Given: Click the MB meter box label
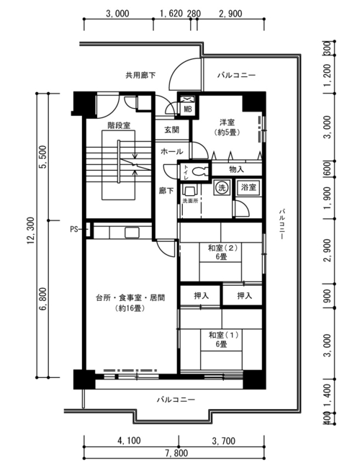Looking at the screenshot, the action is [187, 109].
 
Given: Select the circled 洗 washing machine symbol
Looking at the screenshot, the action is [222, 188].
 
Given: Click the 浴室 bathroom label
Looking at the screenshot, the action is [248, 187].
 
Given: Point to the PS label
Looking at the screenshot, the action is [73, 229].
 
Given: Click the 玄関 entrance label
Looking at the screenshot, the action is [171, 130].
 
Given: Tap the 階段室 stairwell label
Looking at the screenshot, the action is [119, 125].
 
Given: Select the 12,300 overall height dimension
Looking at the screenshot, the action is [31, 235].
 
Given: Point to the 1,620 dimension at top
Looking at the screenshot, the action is [171, 14].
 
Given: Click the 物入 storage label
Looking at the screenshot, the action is [236, 169].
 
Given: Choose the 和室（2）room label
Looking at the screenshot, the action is [222, 248].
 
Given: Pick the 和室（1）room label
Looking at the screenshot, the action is [224, 336].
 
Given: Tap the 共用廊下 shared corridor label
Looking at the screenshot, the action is [140, 75].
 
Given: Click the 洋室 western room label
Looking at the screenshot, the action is [228, 122].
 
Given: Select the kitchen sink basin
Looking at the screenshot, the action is [132, 233].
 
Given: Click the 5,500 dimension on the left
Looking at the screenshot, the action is [44, 157].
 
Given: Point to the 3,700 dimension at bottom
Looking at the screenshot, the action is [224, 441].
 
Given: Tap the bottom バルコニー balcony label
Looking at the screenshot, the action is [176, 400].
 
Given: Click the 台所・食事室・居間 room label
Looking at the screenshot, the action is [130, 298].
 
